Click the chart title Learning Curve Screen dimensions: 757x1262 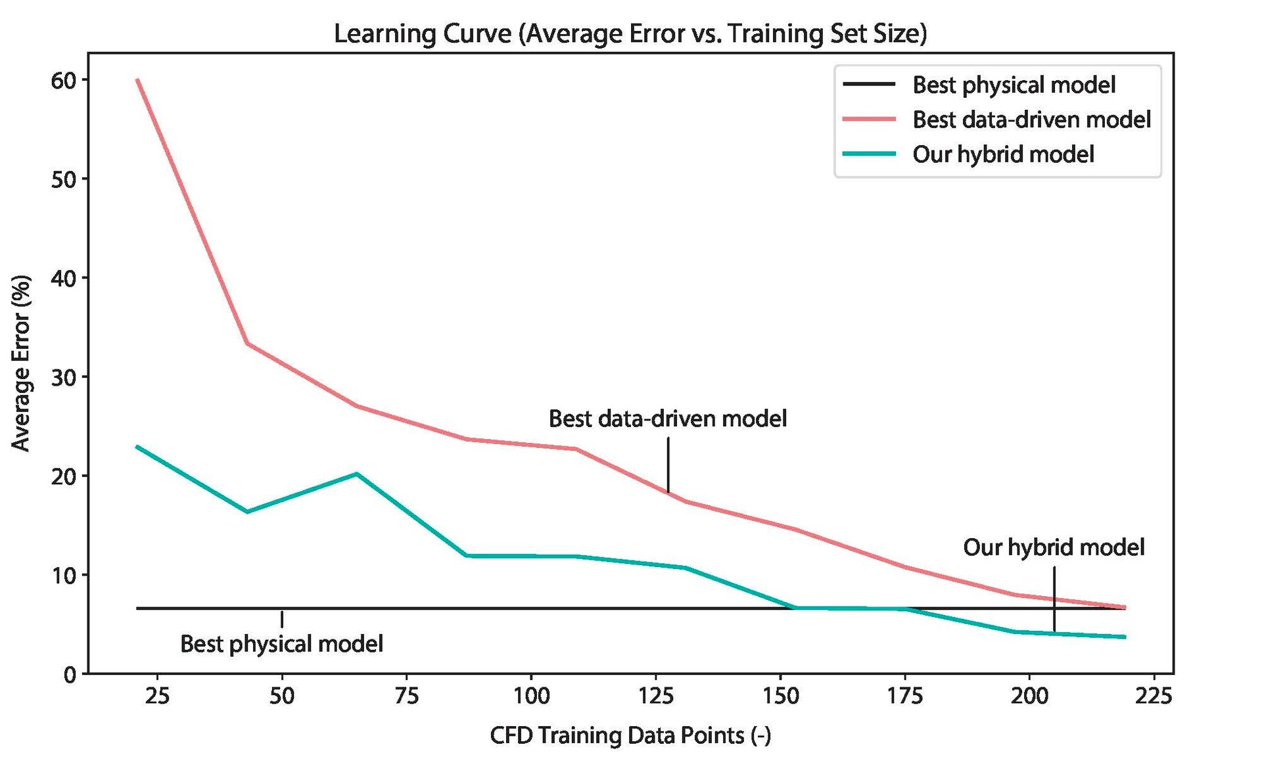pyautogui.click(x=630, y=33)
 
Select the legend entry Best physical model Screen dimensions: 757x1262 pyautogui.click(x=1013, y=85)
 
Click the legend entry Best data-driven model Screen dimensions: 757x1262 pyautogui.click(x=1031, y=120)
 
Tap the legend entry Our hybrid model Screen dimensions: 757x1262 pyautogui.click(x=1002, y=154)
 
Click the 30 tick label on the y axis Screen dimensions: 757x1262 pyautogui.click(x=62, y=377)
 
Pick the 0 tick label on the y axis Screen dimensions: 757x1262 pyautogui.click(x=70, y=675)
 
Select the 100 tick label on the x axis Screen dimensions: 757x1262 pyautogui.click(x=530, y=696)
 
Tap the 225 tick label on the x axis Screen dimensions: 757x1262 pyautogui.click(x=1153, y=696)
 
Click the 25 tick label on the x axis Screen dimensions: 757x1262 pyautogui.click(x=157, y=696)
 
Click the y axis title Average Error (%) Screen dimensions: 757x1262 pyautogui.click(x=21, y=363)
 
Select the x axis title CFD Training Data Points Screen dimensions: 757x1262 pyautogui.click(x=630, y=735)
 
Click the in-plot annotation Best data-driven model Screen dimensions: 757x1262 pyautogui.click(x=667, y=419)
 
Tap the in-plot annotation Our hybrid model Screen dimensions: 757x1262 pyautogui.click(x=1053, y=547)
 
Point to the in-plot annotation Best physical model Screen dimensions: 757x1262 pyautogui.click(x=281, y=643)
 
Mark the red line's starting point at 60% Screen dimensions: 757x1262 pyautogui.click(x=137, y=80)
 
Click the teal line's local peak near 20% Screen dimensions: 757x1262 pyautogui.click(x=356, y=474)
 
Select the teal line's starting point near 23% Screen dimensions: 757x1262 pyautogui.click(x=137, y=447)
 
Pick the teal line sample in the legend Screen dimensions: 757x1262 pyautogui.click(x=869, y=154)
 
